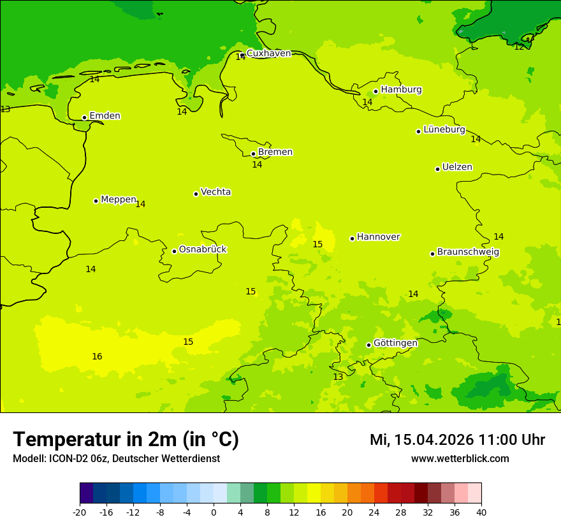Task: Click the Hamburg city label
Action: point(401,90)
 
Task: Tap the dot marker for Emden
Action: point(84,117)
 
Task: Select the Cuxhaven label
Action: point(268,54)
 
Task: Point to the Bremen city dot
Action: point(253,154)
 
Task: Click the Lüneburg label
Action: point(444,129)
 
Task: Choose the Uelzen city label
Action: point(457,167)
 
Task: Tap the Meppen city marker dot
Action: point(96,201)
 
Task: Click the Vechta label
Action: point(215,192)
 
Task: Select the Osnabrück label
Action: point(203,249)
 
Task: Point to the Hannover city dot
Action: point(352,238)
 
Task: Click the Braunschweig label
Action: point(468,252)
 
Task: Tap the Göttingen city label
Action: point(395,343)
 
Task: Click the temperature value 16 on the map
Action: point(97,356)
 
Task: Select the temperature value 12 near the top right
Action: point(519,47)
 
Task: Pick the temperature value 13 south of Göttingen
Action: point(338,377)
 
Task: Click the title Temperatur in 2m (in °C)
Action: point(126,439)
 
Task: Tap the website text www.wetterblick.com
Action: point(460,458)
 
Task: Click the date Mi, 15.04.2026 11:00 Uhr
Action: point(457,440)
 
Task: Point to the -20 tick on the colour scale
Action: point(80,512)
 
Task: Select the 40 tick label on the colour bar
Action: point(481,512)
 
